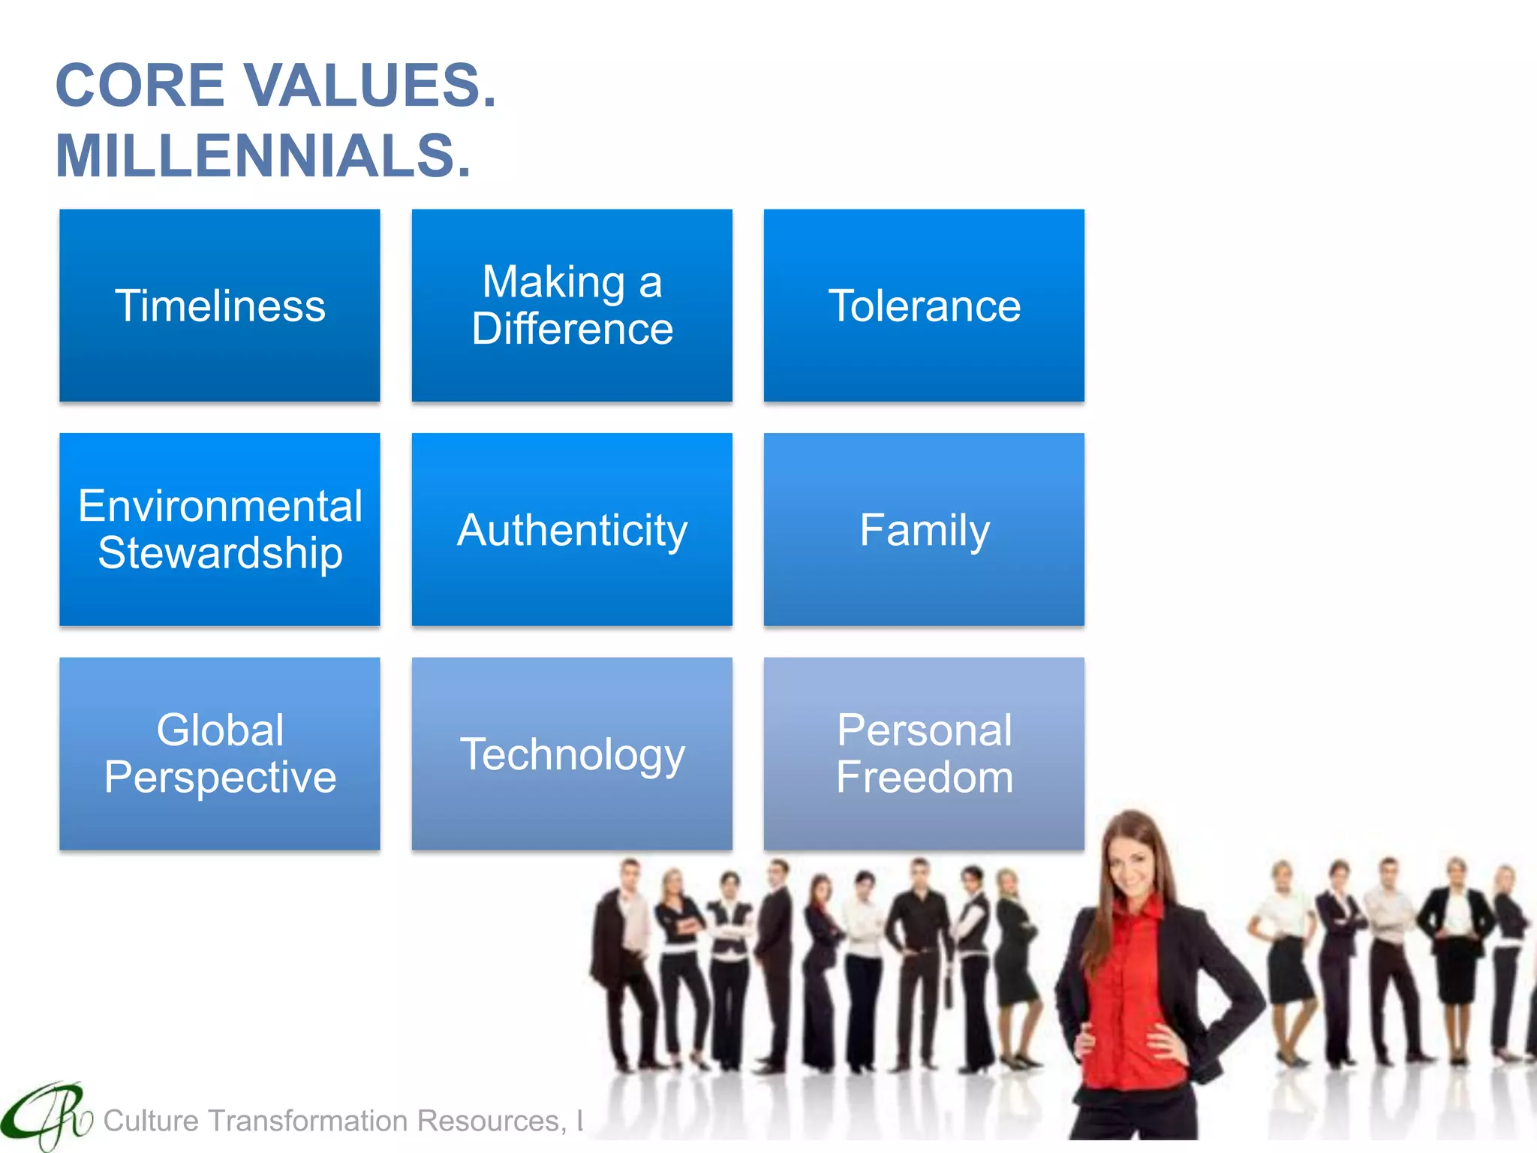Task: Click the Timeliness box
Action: coord(220,306)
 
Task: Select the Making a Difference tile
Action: coord(572,306)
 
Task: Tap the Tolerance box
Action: coord(924,306)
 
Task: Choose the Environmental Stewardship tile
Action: coord(220,529)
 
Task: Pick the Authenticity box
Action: coord(572,529)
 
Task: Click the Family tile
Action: coord(924,529)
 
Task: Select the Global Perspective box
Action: coord(220,754)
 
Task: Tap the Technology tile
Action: coord(572,754)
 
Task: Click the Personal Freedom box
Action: coord(924,754)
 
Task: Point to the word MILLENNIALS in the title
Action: coord(263,156)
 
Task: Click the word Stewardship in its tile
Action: coord(220,553)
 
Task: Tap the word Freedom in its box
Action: coord(924,778)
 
